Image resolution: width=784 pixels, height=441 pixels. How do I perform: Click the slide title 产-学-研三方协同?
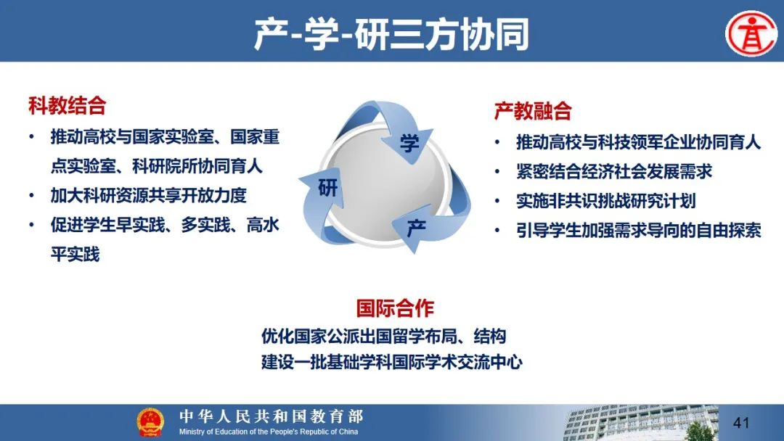tap(391, 34)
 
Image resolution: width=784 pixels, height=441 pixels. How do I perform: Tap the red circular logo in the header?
tap(751, 34)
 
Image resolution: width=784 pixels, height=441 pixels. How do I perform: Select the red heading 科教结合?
tap(68, 106)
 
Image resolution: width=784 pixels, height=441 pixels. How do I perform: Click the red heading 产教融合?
tap(533, 110)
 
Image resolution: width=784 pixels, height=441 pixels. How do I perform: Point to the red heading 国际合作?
tap(395, 308)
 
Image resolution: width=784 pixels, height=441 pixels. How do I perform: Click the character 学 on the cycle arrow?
tap(409, 144)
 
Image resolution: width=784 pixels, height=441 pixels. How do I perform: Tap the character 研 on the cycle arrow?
tap(328, 188)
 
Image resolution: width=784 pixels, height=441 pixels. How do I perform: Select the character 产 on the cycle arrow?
tap(417, 228)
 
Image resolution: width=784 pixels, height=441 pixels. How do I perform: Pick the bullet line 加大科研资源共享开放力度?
tap(149, 195)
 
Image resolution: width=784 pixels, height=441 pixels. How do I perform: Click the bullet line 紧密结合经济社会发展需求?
tap(614, 171)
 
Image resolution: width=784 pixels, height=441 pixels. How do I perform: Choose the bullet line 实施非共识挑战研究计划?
tap(606, 201)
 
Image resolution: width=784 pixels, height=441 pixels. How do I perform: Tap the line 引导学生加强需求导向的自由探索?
tap(639, 230)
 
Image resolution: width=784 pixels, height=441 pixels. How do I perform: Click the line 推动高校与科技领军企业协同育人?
tap(639, 142)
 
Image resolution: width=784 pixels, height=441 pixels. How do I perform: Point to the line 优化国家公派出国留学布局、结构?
tap(383, 336)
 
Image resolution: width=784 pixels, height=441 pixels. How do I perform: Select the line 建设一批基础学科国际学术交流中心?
tap(391, 362)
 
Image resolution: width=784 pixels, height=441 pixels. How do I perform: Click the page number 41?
tap(741, 423)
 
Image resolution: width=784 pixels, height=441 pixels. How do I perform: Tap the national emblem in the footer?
tap(150, 423)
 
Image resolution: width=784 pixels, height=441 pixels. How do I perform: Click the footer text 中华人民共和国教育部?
tap(271, 416)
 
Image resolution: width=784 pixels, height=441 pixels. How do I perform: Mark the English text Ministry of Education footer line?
tap(269, 432)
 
